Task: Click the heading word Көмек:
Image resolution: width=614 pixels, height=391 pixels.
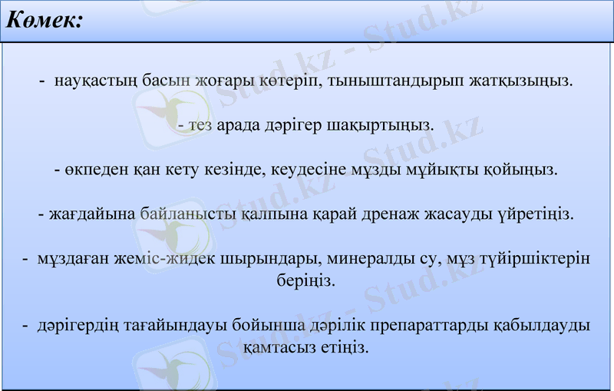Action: point(44,22)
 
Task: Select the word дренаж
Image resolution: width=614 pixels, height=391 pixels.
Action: point(404,214)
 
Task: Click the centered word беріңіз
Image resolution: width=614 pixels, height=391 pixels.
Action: point(307,280)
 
